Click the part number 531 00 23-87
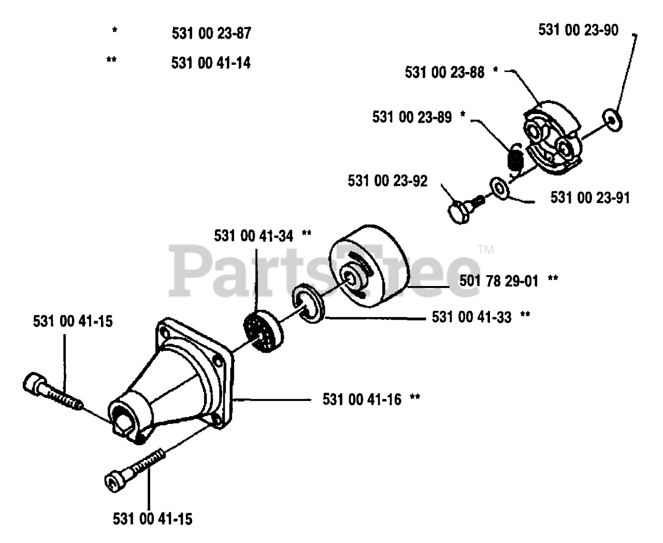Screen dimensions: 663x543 coord(211,33)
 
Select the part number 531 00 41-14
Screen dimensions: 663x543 coord(211,63)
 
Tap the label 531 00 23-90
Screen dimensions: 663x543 coord(578,30)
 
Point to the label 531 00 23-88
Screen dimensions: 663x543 coord(444,73)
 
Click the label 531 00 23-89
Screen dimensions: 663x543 coord(412,117)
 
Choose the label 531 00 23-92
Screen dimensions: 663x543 coord(387,181)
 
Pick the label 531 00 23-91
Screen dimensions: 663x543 coord(590,198)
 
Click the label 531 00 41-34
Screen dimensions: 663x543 coord(254,236)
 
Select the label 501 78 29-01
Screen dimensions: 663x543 coord(499,281)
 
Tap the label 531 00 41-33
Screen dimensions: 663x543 coord(471,317)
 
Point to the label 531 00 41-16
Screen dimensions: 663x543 coord(362,399)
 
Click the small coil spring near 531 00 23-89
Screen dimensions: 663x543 coord(516,160)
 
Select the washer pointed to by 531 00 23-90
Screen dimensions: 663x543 coord(612,120)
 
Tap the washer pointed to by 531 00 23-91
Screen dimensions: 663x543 coord(499,188)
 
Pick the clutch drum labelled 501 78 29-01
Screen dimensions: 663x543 coord(369,266)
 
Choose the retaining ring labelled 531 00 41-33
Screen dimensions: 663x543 coord(308,304)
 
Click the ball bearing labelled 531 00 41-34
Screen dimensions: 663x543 coord(264,331)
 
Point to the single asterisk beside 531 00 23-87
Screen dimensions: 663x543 coord(115,31)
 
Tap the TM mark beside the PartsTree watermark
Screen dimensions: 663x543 coord(486,249)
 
